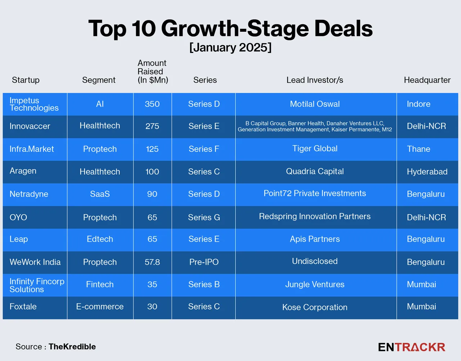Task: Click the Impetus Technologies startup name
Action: coord(34,104)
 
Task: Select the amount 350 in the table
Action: coord(152,104)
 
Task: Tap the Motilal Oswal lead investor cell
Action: coord(315,104)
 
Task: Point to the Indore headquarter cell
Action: coord(419,104)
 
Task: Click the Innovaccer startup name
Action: coord(30,126)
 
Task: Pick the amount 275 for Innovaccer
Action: coord(152,126)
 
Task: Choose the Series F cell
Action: coord(204,149)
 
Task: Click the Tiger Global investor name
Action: coord(315,148)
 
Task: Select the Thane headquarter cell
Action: coord(419,149)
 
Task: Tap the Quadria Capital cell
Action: coord(315,171)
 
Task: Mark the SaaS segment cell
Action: coord(100,194)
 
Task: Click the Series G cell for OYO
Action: coord(204,217)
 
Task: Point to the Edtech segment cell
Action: coord(100,239)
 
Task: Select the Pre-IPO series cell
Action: coord(204,262)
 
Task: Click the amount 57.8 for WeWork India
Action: coord(152,262)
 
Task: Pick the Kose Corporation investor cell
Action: coord(315,307)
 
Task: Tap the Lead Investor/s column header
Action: coord(315,80)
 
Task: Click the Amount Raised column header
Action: coord(153,71)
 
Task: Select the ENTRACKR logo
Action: coord(412,347)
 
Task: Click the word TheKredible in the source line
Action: coord(72,347)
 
